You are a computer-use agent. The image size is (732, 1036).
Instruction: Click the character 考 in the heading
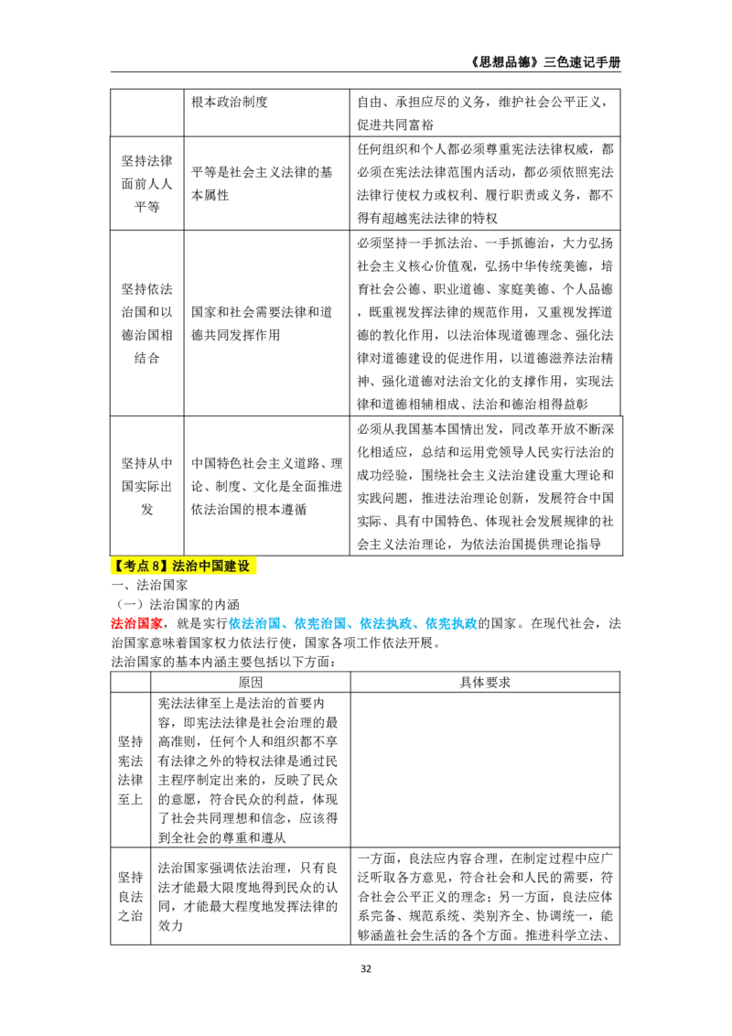(x=131, y=567)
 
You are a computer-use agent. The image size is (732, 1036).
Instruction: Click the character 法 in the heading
(x=178, y=567)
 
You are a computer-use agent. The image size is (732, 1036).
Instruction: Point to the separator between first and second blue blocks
(x=288, y=626)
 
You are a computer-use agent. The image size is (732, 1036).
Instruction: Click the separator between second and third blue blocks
(x=354, y=626)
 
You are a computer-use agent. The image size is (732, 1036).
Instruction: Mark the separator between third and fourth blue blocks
(x=420, y=626)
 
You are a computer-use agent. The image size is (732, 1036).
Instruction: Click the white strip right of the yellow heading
(x=260, y=567)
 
